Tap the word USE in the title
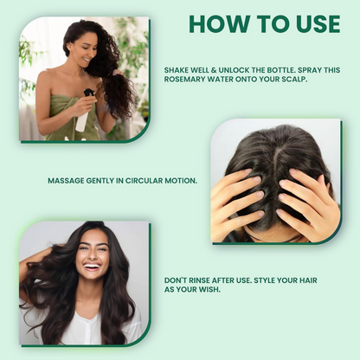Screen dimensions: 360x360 click(318, 23)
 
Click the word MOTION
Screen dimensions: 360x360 click(181, 181)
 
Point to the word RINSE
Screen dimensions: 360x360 click(199, 280)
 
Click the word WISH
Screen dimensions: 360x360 click(210, 289)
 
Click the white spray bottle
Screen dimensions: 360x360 click(83, 119)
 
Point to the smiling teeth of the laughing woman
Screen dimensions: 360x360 click(92, 266)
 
